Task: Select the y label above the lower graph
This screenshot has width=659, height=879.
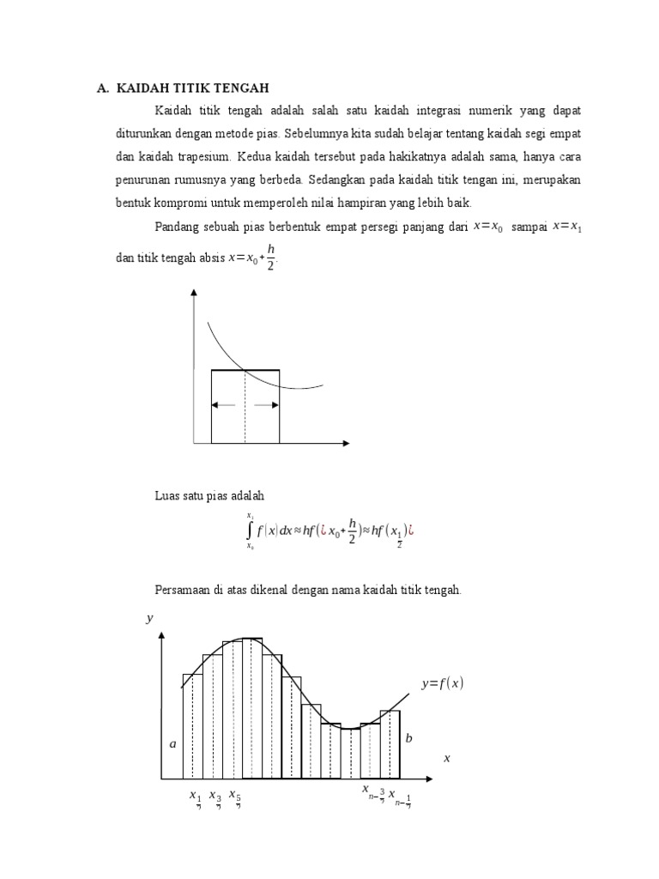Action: pos(149,618)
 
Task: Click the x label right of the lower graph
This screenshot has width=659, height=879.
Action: pos(446,759)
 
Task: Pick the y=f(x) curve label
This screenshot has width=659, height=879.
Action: pos(442,683)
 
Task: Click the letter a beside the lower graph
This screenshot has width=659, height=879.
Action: pos(172,744)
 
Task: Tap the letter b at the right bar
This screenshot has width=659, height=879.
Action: pos(408,738)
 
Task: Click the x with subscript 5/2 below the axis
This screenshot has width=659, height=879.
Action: pos(234,797)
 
